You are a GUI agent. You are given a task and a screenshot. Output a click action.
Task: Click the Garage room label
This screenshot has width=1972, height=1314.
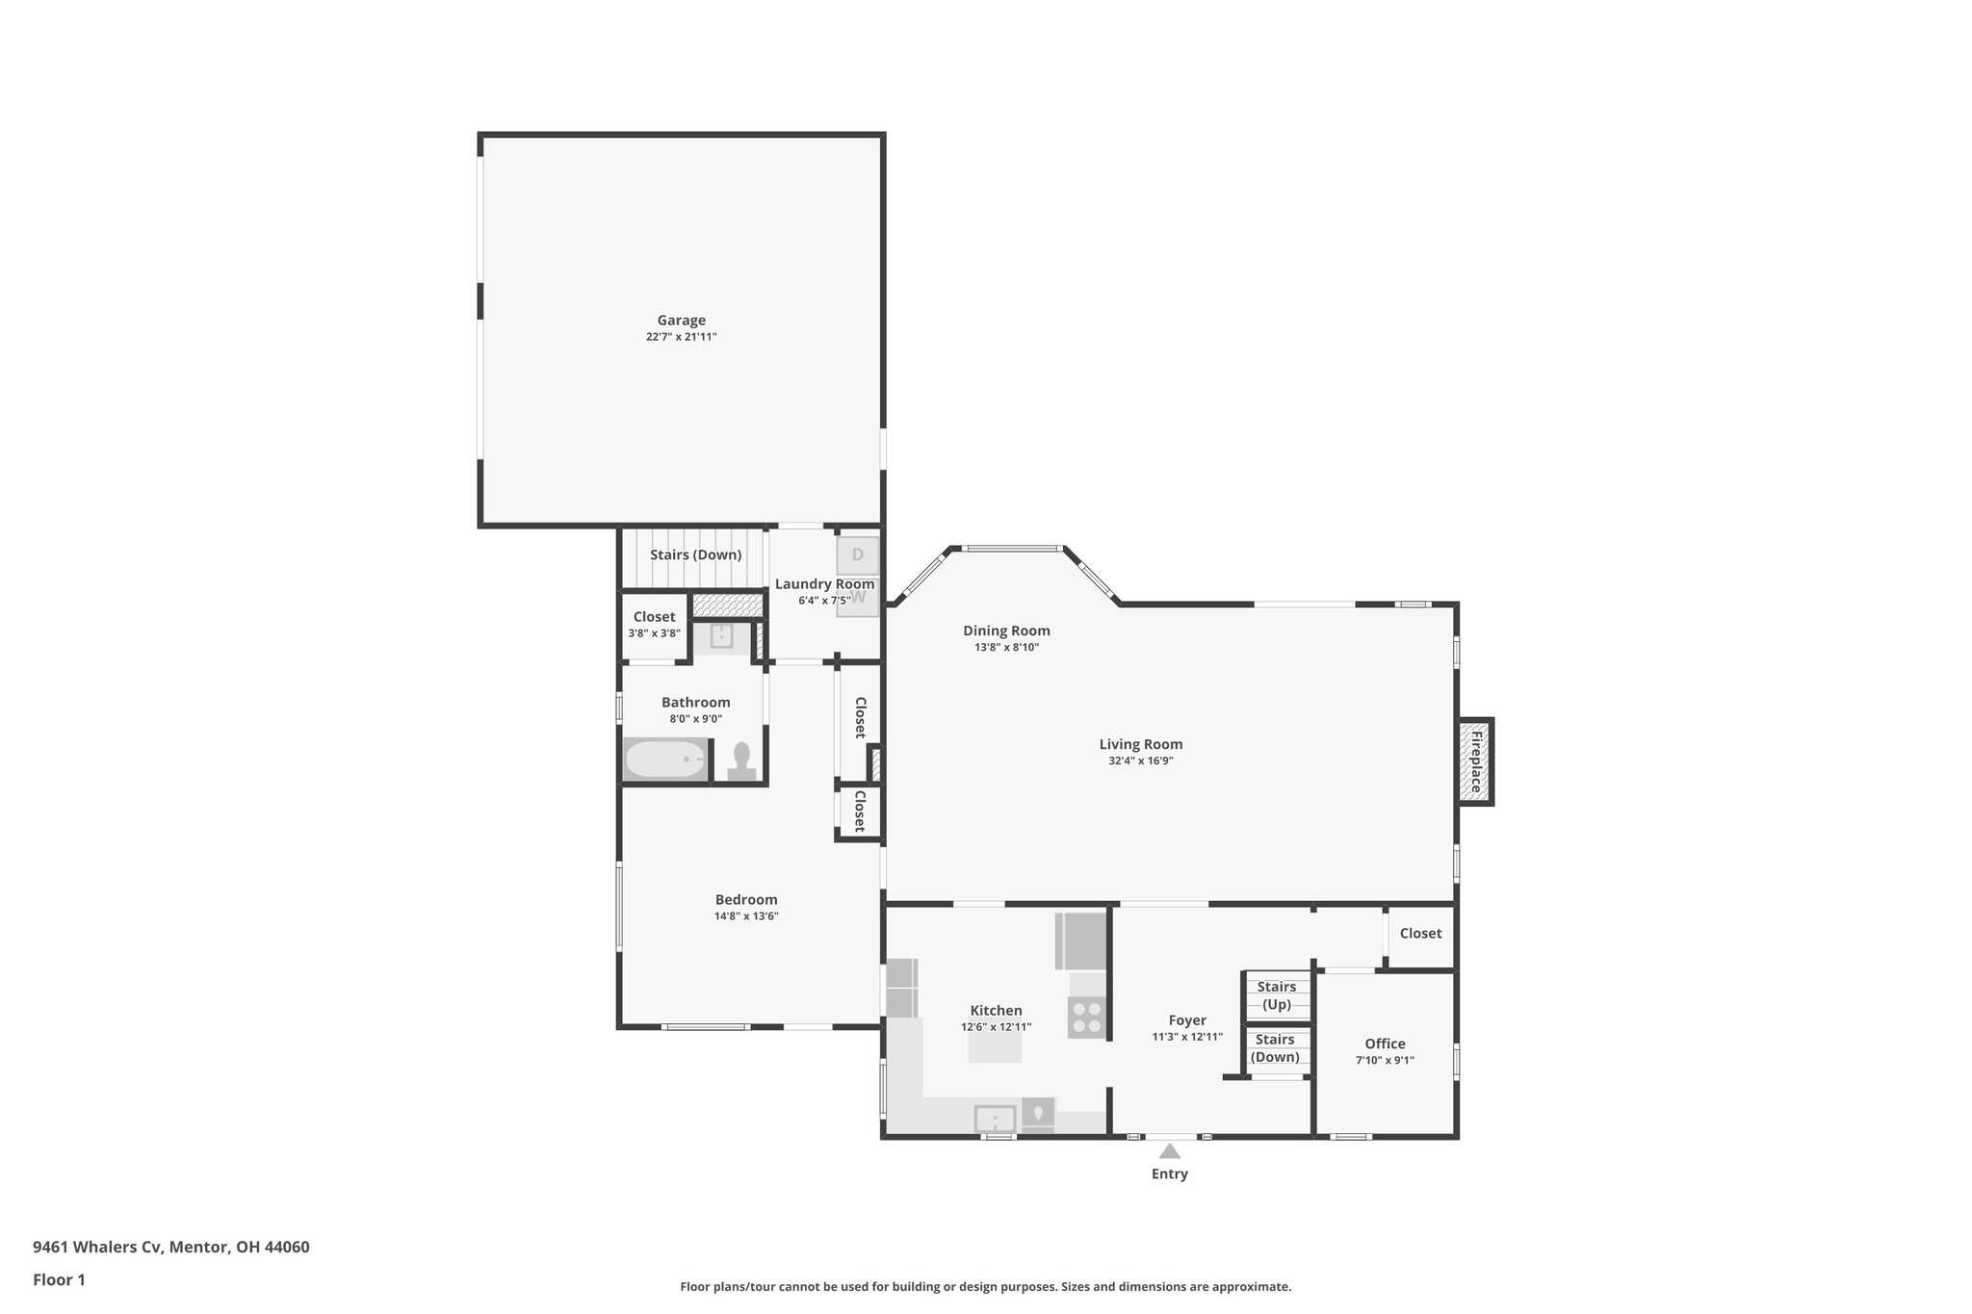click(x=681, y=321)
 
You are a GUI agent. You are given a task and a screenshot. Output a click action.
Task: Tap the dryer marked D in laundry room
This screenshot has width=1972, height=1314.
click(x=857, y=555)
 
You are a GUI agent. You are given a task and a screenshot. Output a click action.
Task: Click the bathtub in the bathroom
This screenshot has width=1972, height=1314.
click(x=665, y=760)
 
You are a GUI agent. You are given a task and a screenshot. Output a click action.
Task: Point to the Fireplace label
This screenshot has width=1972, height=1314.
click(x=1474, y=760)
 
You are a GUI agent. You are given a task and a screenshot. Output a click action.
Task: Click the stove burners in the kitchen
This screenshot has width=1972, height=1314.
click(x=1087, y=1018)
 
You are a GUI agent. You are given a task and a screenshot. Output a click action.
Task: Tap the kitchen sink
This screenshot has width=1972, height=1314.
click(x=994, y=1120)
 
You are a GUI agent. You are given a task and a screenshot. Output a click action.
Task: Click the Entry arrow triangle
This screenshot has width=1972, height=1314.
click(x=1169, y=1151)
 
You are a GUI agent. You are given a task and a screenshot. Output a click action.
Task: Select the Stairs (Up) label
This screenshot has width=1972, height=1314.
click(x=1276, y=995)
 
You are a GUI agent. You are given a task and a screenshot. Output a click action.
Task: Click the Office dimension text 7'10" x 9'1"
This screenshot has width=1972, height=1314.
click(x=1385, y=1060)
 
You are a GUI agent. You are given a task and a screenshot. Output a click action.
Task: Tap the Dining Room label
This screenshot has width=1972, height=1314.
click(x=1006, y=631)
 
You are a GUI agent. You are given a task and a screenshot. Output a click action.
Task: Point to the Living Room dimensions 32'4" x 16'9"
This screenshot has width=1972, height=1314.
click(x=1140, y=760)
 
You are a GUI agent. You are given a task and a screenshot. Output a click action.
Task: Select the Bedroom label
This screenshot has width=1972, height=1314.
click(x=745, y=900)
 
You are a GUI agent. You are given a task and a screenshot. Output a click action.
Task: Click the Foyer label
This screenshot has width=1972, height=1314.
click(x=1186, y=1020)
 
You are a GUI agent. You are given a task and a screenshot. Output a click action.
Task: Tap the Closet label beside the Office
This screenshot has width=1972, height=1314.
click(x=1420, y=934)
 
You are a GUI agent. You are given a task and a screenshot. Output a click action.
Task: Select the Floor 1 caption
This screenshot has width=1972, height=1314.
click(x=59, y=1280)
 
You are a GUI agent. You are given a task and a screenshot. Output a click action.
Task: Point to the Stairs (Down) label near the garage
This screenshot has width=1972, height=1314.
click(x=695, y=555)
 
